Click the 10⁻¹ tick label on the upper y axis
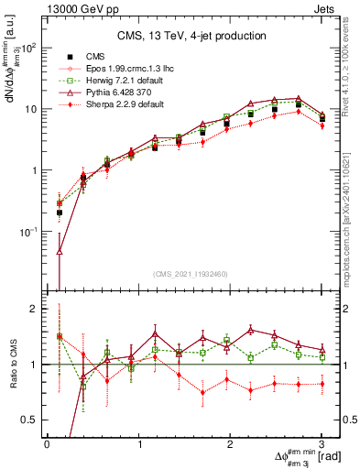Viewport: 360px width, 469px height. coord(29,232)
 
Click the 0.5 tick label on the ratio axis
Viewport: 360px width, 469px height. coord(30,420)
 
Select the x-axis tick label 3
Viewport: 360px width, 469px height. coord(322,444)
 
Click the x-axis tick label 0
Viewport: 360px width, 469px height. coord(47,444)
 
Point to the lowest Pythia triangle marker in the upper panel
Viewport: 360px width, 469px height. coord(60,250)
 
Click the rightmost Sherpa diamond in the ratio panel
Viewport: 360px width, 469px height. coord(322,384)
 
